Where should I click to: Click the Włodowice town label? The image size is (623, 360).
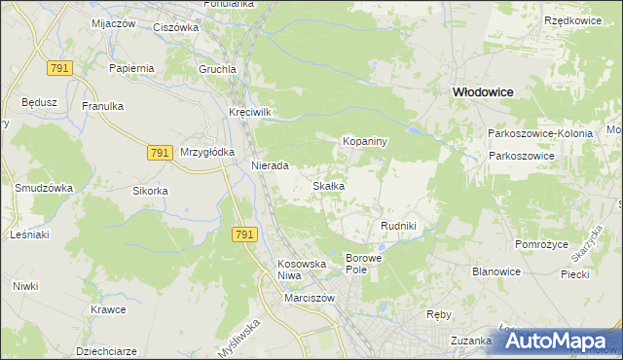pos(482,90)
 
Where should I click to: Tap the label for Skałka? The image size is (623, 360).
pos(328,185)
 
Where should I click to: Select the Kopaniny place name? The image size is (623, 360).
pos(365,141)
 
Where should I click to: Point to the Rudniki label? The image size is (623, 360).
pos(398,226)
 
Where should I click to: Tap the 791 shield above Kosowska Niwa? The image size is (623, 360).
pos(244,235)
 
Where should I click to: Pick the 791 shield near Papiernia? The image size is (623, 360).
pos(58,67)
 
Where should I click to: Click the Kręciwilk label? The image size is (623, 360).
pos(249,112)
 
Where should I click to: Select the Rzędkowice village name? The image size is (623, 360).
pos(571,20)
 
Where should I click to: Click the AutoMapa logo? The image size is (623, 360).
pos(561,342)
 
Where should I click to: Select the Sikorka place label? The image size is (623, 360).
pos(151,191)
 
